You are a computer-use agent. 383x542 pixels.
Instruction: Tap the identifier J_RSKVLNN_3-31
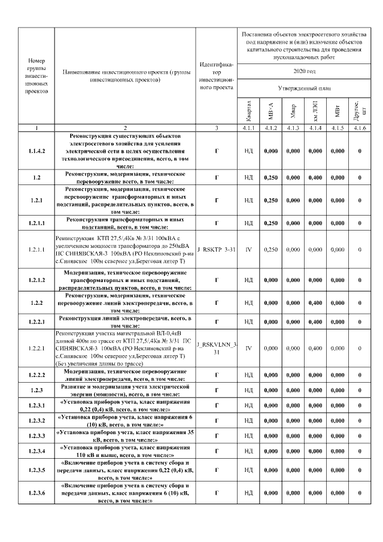coord(217,347)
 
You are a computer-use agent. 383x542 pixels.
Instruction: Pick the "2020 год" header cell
coord(303,71)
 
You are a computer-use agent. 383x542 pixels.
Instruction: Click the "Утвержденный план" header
coord(303,88)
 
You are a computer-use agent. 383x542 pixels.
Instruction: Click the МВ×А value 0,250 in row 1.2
coord(271,177)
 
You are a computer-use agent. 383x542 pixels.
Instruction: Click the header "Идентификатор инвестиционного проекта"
coord(217,76)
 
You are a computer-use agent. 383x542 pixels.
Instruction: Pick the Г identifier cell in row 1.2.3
coord(217,390)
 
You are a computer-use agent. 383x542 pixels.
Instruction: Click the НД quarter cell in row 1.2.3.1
coord(248,405)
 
